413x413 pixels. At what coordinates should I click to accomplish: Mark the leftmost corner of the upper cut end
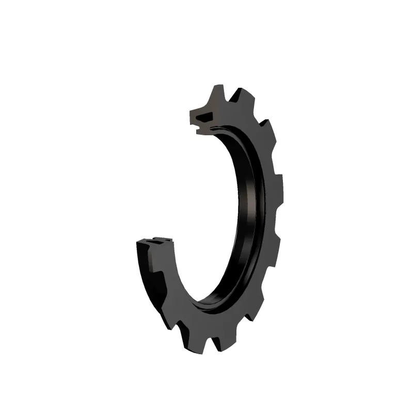tap(190, 111)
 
